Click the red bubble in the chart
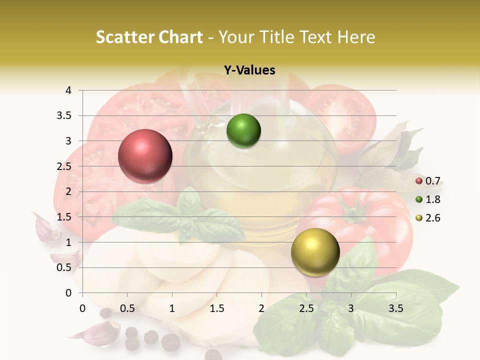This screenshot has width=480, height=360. click(x=145, y=156)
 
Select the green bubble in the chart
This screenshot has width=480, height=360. click(x=243, y=131)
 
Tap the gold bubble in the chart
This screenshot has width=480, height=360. click(x=315, y=252)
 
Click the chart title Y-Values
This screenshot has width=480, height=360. click(x=249, y=70)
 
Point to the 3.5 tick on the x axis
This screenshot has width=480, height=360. click(x=395, y=308)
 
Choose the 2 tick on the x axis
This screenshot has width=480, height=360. click(x=261, y=308)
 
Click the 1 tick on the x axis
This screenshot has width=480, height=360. click(x=172, y=308)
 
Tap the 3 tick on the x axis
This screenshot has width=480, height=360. click(x=351, y=308)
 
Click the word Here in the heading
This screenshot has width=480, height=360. click(x=356, y=37)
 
